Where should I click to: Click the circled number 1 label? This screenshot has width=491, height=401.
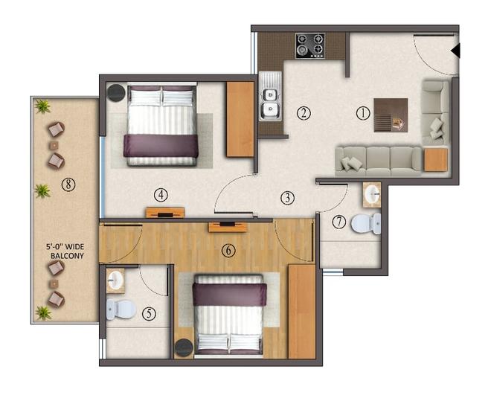[x=362, y=114]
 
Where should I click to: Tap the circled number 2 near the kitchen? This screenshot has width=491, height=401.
[x=303, y=113]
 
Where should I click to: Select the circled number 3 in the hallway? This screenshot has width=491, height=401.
[x=288, y=198]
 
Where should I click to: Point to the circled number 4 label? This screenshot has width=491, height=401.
[x=161, y=195]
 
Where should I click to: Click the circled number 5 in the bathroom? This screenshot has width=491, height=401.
[x=150, y=313]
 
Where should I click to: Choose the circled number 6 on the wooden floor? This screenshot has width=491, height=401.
[x=228, y=251]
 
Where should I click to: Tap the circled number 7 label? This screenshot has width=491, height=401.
[x=339, y=222]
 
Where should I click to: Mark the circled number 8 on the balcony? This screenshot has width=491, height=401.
[x=68, y=185]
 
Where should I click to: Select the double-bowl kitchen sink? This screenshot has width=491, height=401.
[x=269, y=103]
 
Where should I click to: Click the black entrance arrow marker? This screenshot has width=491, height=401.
[x=456, y=51]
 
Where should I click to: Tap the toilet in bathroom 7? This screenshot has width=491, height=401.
[x=367, y=223]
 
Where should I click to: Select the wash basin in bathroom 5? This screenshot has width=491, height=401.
[x=115, y=281]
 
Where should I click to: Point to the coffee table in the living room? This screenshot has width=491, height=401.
[x=391, y=115]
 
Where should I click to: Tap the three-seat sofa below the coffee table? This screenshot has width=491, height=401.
[x=378, y=160]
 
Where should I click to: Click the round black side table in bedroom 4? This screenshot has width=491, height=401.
[x=117, y=92]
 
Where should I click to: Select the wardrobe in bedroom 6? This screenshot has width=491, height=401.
[x=301, y=310]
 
